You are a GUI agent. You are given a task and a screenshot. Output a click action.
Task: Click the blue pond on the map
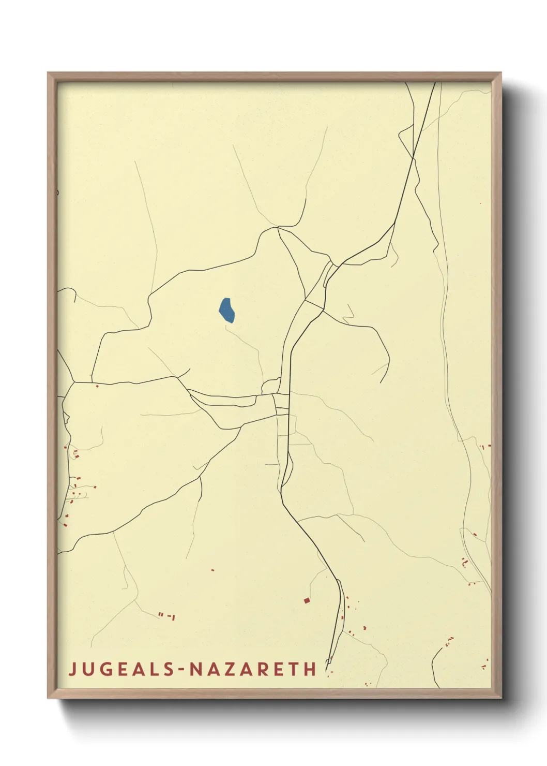(x=226, y=311)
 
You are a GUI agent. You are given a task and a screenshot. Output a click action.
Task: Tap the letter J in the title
(x=72, y=669)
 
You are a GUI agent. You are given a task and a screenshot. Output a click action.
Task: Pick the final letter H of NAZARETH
(x=310, y=669)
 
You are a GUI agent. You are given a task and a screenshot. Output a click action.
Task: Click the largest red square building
(x=307, y=600)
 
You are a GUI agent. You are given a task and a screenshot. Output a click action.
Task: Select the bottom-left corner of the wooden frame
(x=49, y=697)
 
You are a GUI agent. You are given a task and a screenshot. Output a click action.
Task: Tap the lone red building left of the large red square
(x=212, y=570)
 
